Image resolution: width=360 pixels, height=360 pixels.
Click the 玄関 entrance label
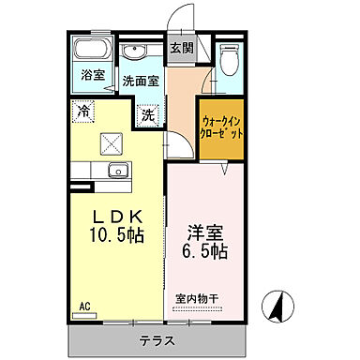pos(181,49)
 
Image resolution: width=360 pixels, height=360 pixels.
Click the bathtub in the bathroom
pos(92,51)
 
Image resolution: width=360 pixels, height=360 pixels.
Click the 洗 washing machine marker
pos(148,115)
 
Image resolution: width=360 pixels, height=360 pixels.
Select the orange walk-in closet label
pos(224,127)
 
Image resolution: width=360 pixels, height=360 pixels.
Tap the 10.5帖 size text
pos(116,233)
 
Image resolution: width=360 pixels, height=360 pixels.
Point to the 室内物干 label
pos(200,300)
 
